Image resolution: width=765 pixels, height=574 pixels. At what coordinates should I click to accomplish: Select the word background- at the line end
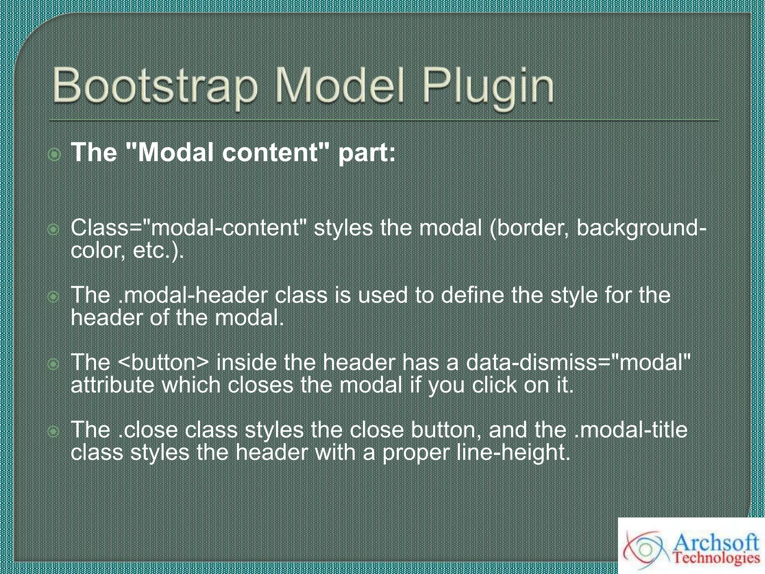pyautogui.click(x=641, y=228)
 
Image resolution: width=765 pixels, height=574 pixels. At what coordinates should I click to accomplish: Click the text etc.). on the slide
pyautogui.click(x=158, y=250)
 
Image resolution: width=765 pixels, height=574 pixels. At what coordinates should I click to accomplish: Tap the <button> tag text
pyautogui.click(x=164, y=362)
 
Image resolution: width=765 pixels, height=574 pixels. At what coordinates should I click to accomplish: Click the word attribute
pyautogui.click(x=112, y=385)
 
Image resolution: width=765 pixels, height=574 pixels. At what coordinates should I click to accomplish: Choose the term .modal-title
pyautogui.click(x=631, y=430)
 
